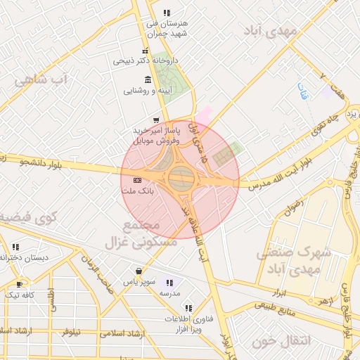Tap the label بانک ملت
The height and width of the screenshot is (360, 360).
[x=136, y=191]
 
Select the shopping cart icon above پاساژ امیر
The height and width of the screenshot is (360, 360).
[x=155, y=120]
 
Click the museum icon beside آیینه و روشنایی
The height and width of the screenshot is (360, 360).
[x=147, y=79]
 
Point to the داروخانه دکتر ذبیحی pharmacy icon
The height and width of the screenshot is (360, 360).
[x=145, y=51]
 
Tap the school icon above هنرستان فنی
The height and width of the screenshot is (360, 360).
[x=167, y=13]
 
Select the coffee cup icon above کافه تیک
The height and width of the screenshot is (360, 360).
[x=19, y=285]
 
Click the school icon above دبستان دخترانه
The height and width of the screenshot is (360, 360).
[x=15, y=247]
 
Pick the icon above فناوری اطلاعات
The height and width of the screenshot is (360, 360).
[x=188, y=308]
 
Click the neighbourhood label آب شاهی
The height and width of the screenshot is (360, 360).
[x=38, y=79]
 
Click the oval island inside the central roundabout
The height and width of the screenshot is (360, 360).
[x=180, y=179]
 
